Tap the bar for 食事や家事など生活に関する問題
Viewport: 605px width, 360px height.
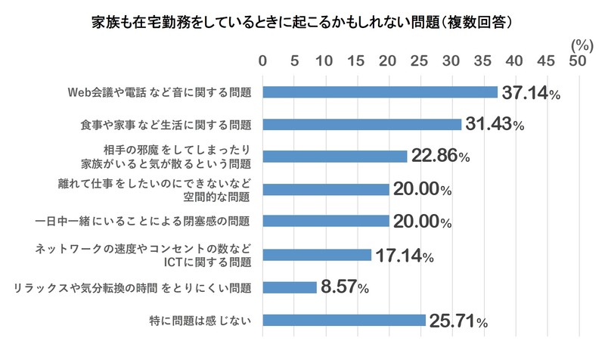(361, 125)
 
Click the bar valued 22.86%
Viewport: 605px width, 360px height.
(335, 157)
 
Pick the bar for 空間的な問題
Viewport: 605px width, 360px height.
(326, 189)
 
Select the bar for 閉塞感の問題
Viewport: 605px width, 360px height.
(326, 222)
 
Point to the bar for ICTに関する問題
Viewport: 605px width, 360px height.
(317, 255)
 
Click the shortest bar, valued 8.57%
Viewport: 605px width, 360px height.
(290, 287)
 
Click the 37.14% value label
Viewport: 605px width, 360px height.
(530, 94)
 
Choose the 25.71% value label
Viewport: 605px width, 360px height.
(458, 321)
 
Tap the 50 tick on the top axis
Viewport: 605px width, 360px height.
(579, 61)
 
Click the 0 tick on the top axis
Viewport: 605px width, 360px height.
(263, 61)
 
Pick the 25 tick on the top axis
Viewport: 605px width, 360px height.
(420, 61)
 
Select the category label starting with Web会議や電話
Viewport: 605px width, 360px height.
(160, 92)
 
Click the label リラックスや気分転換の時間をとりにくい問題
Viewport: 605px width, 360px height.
(133, 287)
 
